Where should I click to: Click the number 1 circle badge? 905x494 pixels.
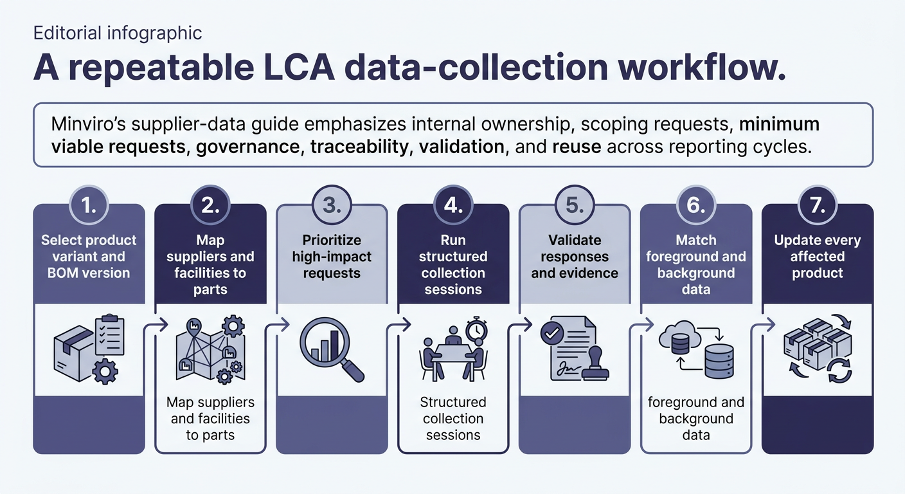89,205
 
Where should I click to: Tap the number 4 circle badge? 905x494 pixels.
453,205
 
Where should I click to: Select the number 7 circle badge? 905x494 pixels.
818,205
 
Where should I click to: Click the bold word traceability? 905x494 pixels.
359,147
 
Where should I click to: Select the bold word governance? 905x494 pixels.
247,147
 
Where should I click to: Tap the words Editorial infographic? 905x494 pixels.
118,33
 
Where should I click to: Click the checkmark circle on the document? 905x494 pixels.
552,333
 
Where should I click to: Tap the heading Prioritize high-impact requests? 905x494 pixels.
332,257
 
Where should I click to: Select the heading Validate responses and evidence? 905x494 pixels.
575,257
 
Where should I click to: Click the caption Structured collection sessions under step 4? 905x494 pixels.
453,418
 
